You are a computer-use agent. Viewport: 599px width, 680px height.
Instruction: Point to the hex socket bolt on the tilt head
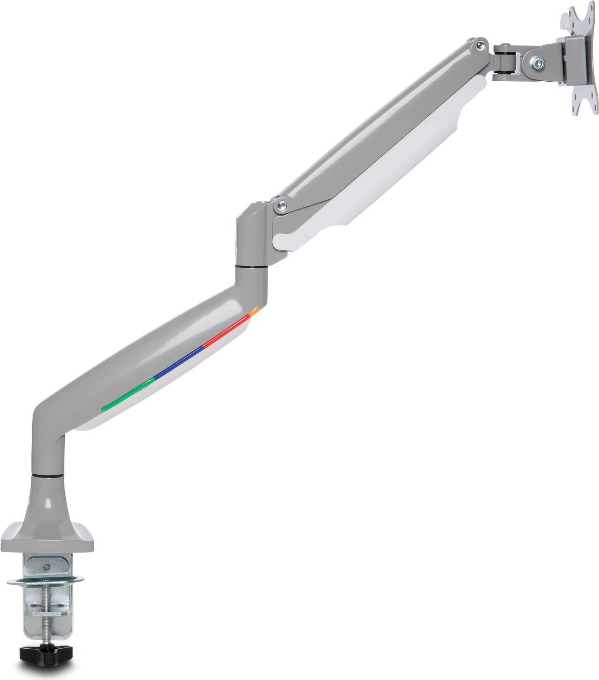[x=539, y=61]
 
